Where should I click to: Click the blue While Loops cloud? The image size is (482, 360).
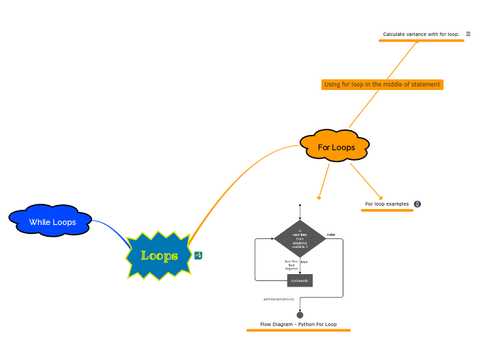tap(52, 222)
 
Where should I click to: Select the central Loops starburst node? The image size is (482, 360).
tap(159, 255)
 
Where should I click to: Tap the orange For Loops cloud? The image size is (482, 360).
tap(336, 147)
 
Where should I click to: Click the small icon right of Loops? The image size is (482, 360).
tap(198, 255)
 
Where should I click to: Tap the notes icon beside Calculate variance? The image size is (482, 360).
tap(468, 34)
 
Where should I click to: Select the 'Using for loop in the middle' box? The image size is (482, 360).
tap(382, 84)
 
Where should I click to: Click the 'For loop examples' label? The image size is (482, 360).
tap(386, 204)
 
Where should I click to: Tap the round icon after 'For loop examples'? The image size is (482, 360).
tap(417, 204)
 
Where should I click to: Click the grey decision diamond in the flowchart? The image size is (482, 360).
tap(300, 238)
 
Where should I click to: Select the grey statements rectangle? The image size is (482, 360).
tap(300, 280)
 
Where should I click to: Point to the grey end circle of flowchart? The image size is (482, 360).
tap(300, 315)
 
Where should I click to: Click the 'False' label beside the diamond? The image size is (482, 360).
tap(331, 235)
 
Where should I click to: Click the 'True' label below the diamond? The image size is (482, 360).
tap(304, 262)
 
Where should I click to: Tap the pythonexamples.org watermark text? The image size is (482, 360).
tap(278, 299)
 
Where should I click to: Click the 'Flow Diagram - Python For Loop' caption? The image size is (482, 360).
tap(298, 324)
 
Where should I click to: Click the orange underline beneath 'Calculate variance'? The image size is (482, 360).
tap(421, 41)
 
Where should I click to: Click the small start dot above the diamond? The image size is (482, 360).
tap(300, 205)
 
